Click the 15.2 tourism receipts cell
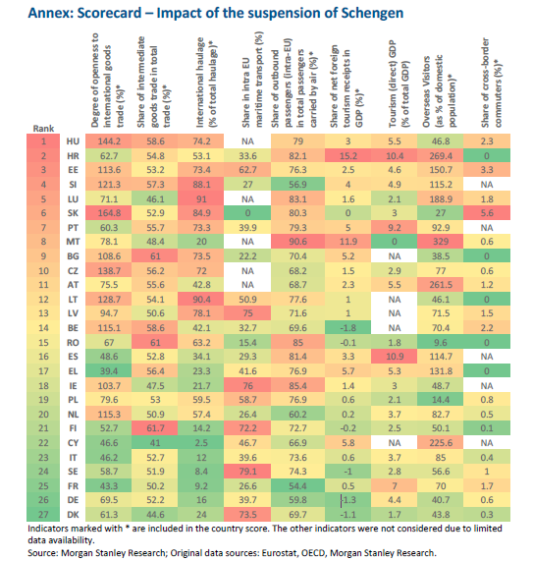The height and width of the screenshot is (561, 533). click(346, 156)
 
